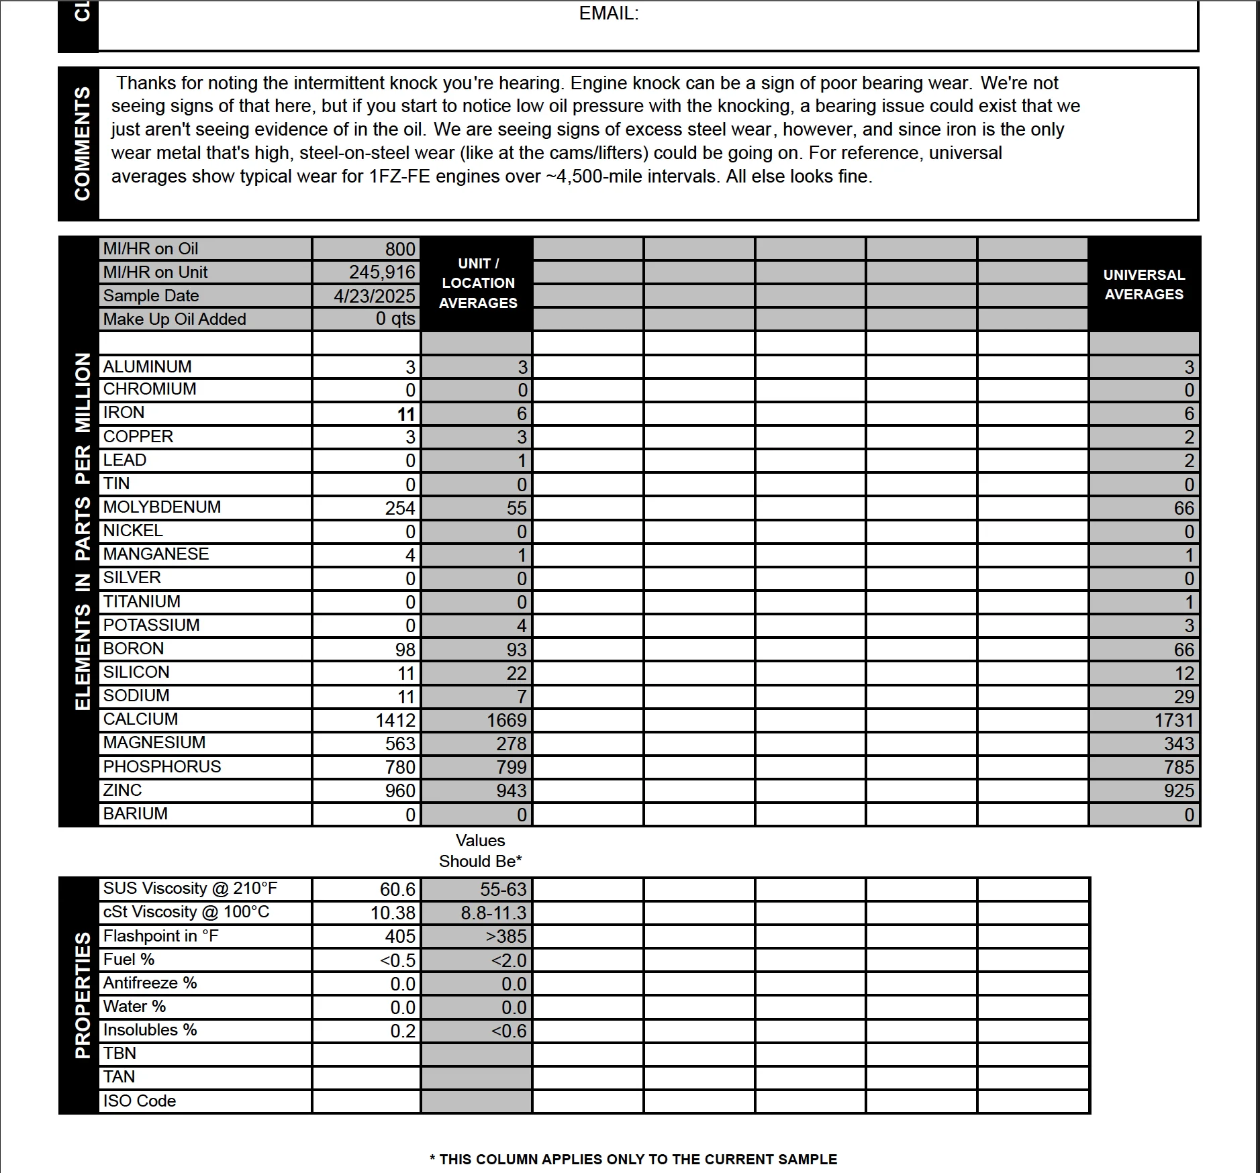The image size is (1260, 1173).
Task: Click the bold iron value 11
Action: point(405,414)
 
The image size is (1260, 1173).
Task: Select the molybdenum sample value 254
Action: point(400,508)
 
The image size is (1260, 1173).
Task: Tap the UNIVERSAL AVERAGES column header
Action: point(1144,285)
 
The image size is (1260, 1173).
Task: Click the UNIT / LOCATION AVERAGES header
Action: point(478,283)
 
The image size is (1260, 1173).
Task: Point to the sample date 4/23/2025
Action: point(375,296)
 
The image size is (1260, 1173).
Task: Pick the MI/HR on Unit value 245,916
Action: point(382,272)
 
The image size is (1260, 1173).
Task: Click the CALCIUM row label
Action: point(140,719)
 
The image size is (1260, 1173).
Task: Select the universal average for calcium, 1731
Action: point(1174,720)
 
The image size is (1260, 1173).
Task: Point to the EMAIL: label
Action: point(608,13)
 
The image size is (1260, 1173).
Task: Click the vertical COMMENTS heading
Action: point(82,144)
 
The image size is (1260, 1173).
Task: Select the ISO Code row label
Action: point(139,1101)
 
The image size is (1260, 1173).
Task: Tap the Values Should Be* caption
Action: point(480,851)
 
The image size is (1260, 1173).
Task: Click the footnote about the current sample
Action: point(633,1159)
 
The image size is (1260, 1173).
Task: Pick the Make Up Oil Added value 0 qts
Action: point(395,319)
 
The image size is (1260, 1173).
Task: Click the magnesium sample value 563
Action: point(400,744)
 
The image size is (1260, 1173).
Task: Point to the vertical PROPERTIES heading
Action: point(82,994)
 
